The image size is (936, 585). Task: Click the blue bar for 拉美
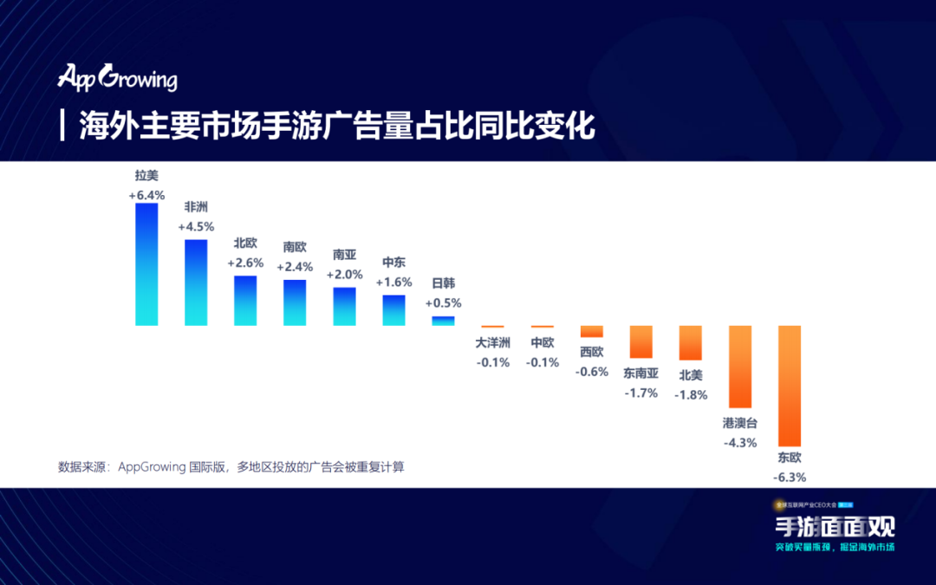click(146, 264)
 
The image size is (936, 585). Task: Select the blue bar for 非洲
click(196, 283)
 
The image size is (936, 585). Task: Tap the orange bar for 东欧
click(790, 386)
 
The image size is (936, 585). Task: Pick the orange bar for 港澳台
click(740, 367)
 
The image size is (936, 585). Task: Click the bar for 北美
click(691, 343)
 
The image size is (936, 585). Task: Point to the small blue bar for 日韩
click(443, 321)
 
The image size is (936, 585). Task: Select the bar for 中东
click(393, 310)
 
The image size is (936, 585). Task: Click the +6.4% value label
click(146, 195)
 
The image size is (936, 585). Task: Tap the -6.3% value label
click(790, 477)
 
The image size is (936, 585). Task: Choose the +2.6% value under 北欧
click(245, 263)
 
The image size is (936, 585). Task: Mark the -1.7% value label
click(641, 393)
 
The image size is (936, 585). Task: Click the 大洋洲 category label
click(493, 343)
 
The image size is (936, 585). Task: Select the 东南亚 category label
click(641, 374)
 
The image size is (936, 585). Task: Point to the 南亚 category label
click(344, 255)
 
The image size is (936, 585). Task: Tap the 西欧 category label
click(592, 352)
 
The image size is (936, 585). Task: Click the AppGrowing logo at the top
click(117, 78)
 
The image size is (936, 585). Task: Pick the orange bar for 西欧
click(592, 331)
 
